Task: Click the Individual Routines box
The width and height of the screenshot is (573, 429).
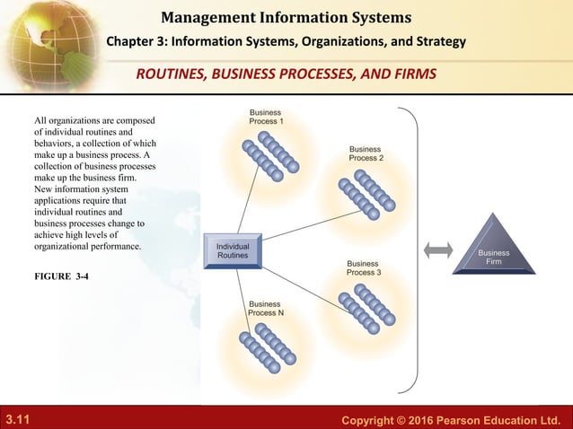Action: point(233,250)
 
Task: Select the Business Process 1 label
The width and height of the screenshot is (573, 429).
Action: point(266,117)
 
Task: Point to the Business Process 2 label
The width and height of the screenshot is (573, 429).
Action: point(366,153)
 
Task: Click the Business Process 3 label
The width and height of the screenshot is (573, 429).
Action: point(364,267)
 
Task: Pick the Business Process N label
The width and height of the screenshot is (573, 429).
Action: point(266,308)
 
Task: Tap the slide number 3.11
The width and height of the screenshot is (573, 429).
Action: point(17,418)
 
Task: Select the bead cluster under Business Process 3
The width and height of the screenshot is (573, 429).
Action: point(366,306)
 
